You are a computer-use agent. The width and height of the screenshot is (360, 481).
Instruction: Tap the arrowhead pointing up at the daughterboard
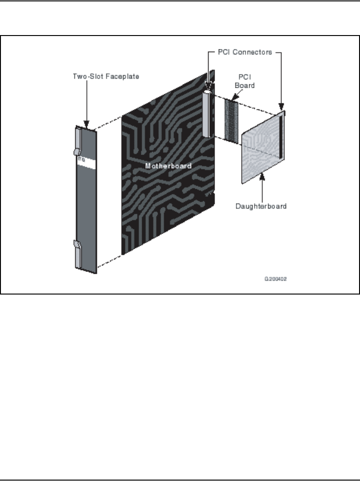262,175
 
